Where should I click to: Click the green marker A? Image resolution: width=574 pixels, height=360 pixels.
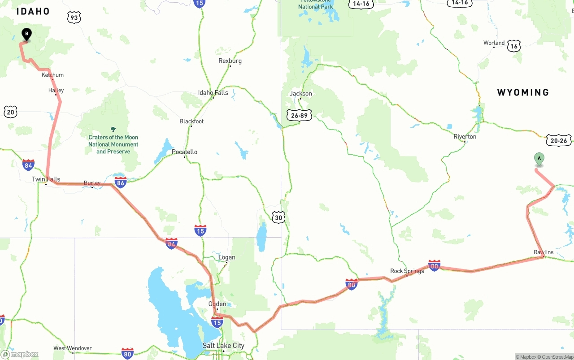click(x=539, y=159)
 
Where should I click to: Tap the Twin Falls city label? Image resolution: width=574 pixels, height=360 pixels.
click(x=46, y=179)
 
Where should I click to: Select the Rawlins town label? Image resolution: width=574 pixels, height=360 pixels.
click(x=544, y=252)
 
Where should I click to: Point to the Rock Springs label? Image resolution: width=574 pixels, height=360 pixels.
click(x=407, y=271)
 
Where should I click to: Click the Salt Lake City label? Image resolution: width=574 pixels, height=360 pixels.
click(x=223, y=345)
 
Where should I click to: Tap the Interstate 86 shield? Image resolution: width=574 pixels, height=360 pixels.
click(x=120, y=182)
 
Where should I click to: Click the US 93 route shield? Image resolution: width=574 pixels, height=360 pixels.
click(x=74, y=18)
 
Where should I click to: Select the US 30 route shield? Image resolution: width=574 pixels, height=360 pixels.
click(x=278, y=218)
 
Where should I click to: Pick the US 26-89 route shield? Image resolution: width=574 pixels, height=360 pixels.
click(x=299, y=115)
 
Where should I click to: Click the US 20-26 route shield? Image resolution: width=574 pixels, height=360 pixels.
click(x=559, y=140)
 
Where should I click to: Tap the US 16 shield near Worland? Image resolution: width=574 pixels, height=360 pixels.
click(x=514, y=46)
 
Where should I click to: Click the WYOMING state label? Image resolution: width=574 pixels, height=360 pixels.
click(x=523, y=92)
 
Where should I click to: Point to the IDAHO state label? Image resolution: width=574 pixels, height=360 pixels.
click(x=33, y=12)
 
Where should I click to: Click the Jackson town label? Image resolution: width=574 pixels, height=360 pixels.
click(x=301, y=94)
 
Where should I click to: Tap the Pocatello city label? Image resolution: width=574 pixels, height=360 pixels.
click(x=184, y=152)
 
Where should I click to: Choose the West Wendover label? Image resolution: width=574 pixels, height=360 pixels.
click(x=73, y=348)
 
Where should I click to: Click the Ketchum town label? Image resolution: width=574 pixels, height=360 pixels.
click(x=52, y=75)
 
